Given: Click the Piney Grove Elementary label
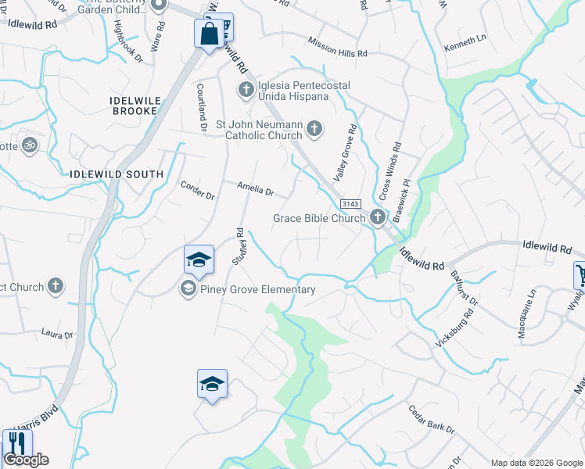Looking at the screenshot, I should click(x=257, y=290).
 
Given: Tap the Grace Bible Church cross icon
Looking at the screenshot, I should click(x=377, y=217).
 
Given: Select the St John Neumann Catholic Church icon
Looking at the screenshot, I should click(x=314, y=129).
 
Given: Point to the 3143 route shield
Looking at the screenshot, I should click(x=350, y=203).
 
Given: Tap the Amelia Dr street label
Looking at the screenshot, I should click(x=256, y=190).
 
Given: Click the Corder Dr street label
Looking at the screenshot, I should click(x=197, y=190).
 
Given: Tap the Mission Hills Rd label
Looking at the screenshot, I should click(x=337, y=47).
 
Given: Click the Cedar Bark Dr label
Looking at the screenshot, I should click(x=431, y=419).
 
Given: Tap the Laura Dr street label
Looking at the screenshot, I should click(x=57, y=334).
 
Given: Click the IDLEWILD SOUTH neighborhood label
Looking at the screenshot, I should click(x=117, y=174).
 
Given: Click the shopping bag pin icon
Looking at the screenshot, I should click(x=209, y=34).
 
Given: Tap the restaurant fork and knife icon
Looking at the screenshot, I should click(x=16, y=443).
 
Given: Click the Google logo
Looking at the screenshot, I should click(x=26, y=460).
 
